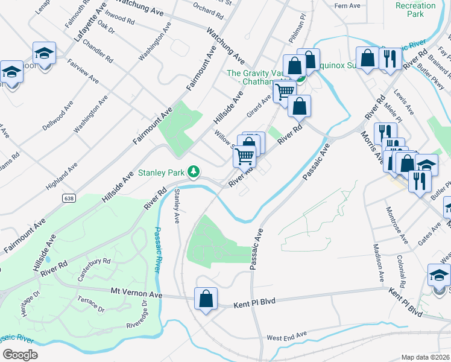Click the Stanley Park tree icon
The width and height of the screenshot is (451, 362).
point(194,173)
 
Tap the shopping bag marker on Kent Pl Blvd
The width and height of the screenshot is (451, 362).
point(206,299)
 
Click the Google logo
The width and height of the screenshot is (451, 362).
point(20,355)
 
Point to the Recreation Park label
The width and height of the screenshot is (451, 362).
point(415,9)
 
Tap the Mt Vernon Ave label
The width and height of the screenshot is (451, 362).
point(137,293)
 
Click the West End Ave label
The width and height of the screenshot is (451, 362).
point(286,335)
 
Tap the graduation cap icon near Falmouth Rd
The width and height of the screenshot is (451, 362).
point(44,54)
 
